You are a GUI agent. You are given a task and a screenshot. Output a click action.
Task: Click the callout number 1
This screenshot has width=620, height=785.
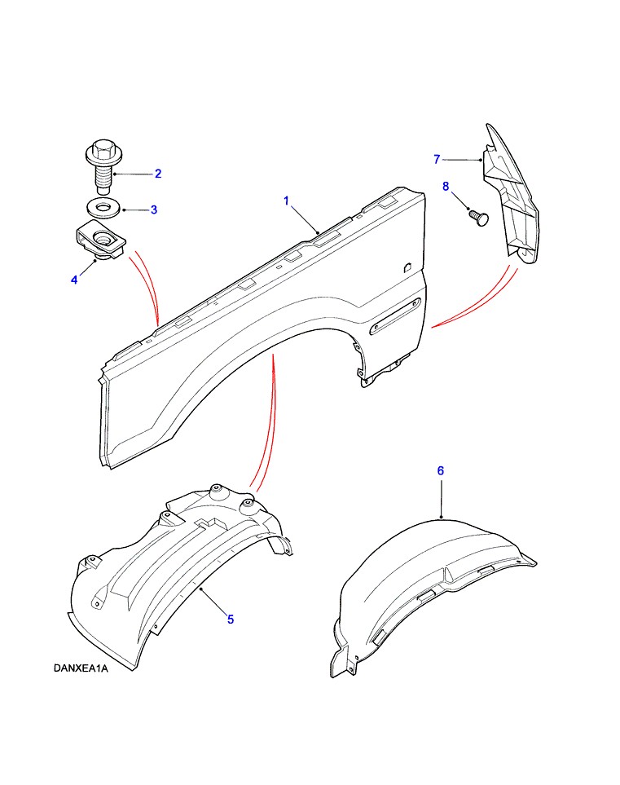click(286, 201)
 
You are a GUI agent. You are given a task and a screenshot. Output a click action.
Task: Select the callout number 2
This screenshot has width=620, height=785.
click(158, 174)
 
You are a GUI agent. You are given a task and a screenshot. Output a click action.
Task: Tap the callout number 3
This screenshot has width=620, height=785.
click(154, 209)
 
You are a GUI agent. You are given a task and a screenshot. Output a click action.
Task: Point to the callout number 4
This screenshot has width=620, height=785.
click(74, 280)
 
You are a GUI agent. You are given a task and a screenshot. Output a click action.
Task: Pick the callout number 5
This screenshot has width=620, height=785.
click(231, 620)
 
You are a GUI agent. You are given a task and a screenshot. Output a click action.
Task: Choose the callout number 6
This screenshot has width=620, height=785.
click(441, 470)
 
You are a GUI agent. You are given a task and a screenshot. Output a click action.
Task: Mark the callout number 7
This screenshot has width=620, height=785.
click(437, 159)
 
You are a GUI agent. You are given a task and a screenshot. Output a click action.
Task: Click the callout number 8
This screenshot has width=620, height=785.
click(446, 186)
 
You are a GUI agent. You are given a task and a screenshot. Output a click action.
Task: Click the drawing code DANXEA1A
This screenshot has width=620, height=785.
click(81, 668)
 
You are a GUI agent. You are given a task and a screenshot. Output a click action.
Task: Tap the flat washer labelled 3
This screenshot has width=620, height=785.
click(103, 207)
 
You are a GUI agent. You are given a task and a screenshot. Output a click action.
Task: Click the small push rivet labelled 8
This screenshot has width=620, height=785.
click(478, 218)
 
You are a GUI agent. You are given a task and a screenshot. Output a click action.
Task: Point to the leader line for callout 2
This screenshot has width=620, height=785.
click(134, 174)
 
